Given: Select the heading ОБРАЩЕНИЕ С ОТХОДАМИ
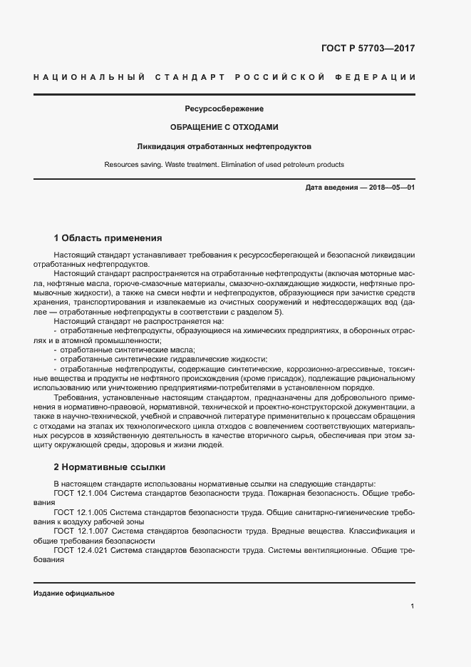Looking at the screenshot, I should pos(224,127).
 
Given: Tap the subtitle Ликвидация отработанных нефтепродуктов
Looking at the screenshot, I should pos(224,146).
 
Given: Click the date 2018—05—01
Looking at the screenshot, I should pos(391,188).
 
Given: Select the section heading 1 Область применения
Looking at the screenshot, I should pos(108,238).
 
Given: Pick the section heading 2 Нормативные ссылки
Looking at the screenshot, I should pos(110,467).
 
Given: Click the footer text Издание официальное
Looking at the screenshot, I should pos(74,594).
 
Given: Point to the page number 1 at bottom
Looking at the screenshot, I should pos(413,606).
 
